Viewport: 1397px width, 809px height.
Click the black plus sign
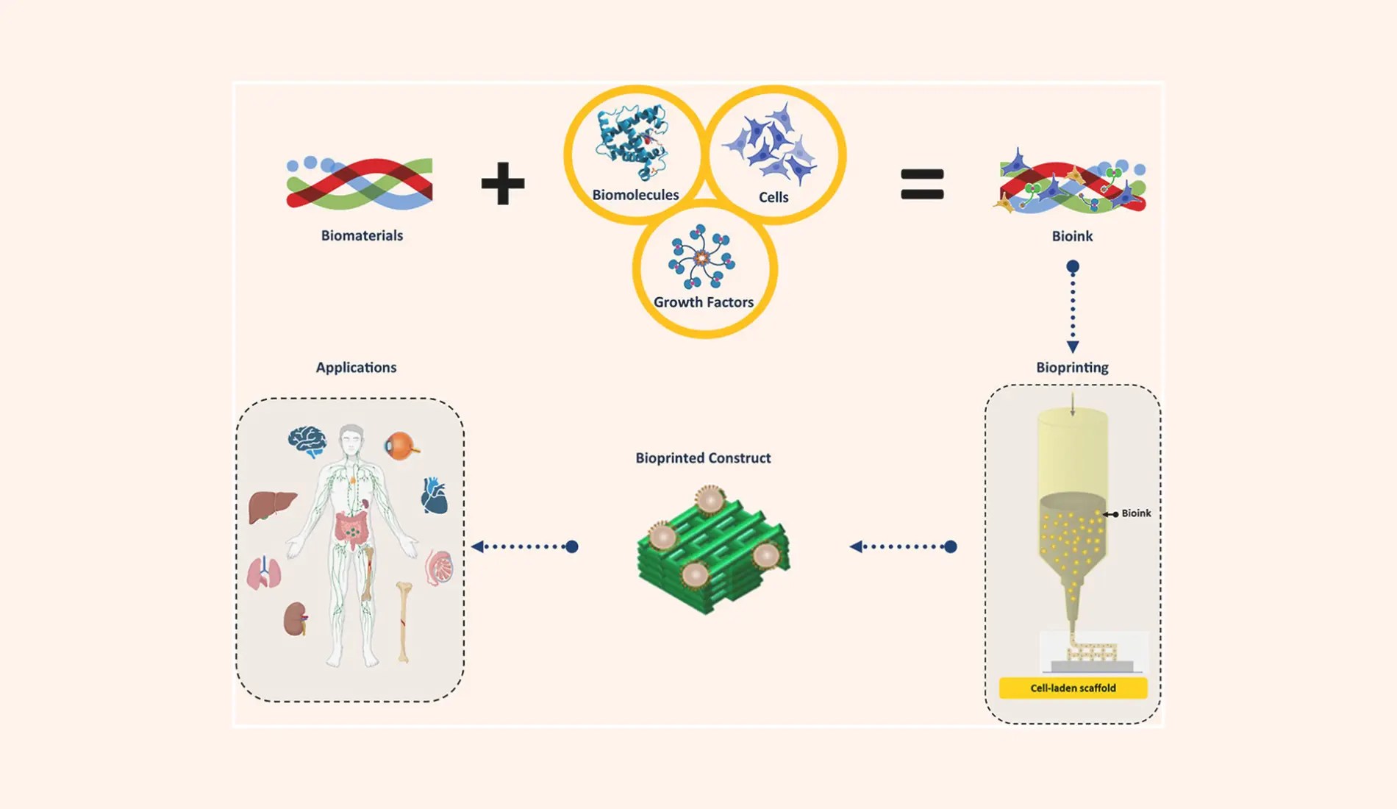[503, 183]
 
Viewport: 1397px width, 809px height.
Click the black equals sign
[922, 184]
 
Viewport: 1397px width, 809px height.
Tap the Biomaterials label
[362, 235]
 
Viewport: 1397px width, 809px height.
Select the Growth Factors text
[704, 302]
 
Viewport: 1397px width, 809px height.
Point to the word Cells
[773, 197]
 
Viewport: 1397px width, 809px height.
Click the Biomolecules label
[635, 195]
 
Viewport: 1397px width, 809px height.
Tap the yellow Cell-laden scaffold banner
[1073, 688]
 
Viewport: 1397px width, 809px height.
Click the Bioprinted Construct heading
[703, 457]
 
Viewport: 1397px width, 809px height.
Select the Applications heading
[356, 367]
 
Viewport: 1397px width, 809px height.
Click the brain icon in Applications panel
[307, 442]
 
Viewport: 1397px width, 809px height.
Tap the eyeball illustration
[401, 446]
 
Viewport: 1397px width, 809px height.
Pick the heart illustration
[434, 495]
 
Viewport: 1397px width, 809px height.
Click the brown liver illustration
[271, 507]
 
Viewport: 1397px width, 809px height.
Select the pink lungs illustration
[264, 572]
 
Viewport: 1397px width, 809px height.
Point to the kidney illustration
[296, 619]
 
